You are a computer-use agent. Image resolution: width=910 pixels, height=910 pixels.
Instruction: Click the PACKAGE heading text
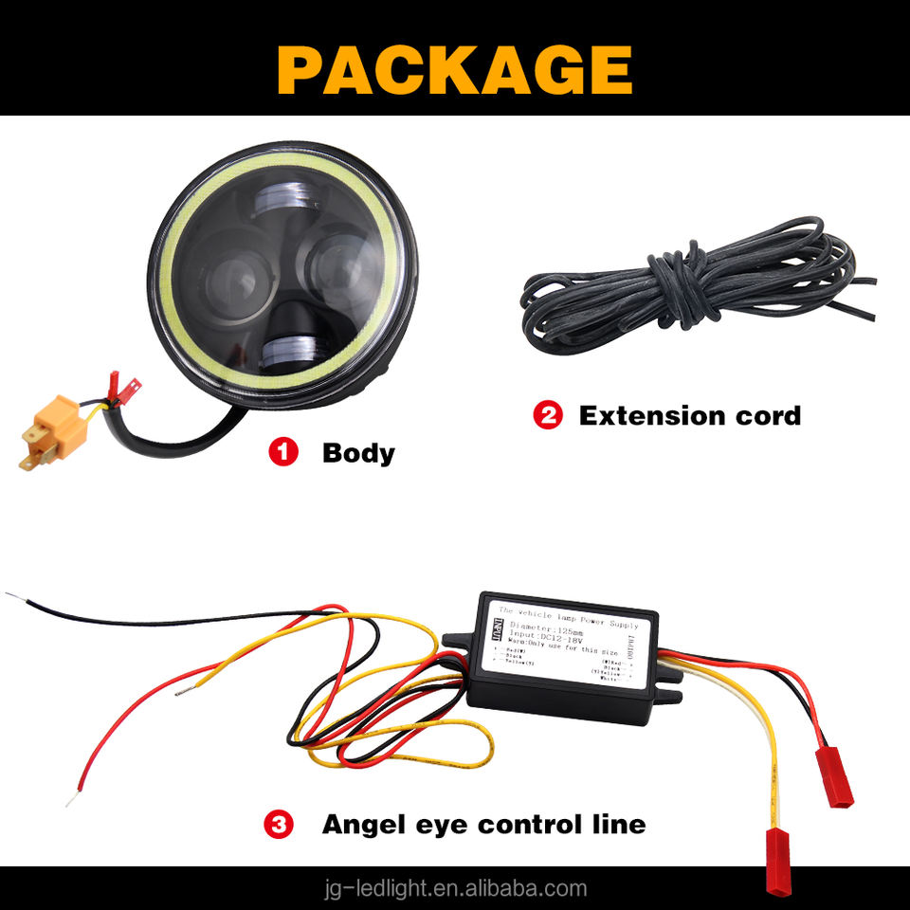pos(455,68)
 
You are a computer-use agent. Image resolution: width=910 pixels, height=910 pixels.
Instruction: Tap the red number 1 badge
pos(283,452)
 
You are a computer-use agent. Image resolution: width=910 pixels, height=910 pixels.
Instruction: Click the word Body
pos(358,452)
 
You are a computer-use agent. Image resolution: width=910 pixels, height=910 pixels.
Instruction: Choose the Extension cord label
pos(689,415)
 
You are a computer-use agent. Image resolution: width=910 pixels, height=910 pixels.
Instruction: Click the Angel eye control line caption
pos(483,824)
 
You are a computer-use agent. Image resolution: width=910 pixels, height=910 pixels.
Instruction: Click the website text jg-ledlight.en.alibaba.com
pos(455,888)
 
